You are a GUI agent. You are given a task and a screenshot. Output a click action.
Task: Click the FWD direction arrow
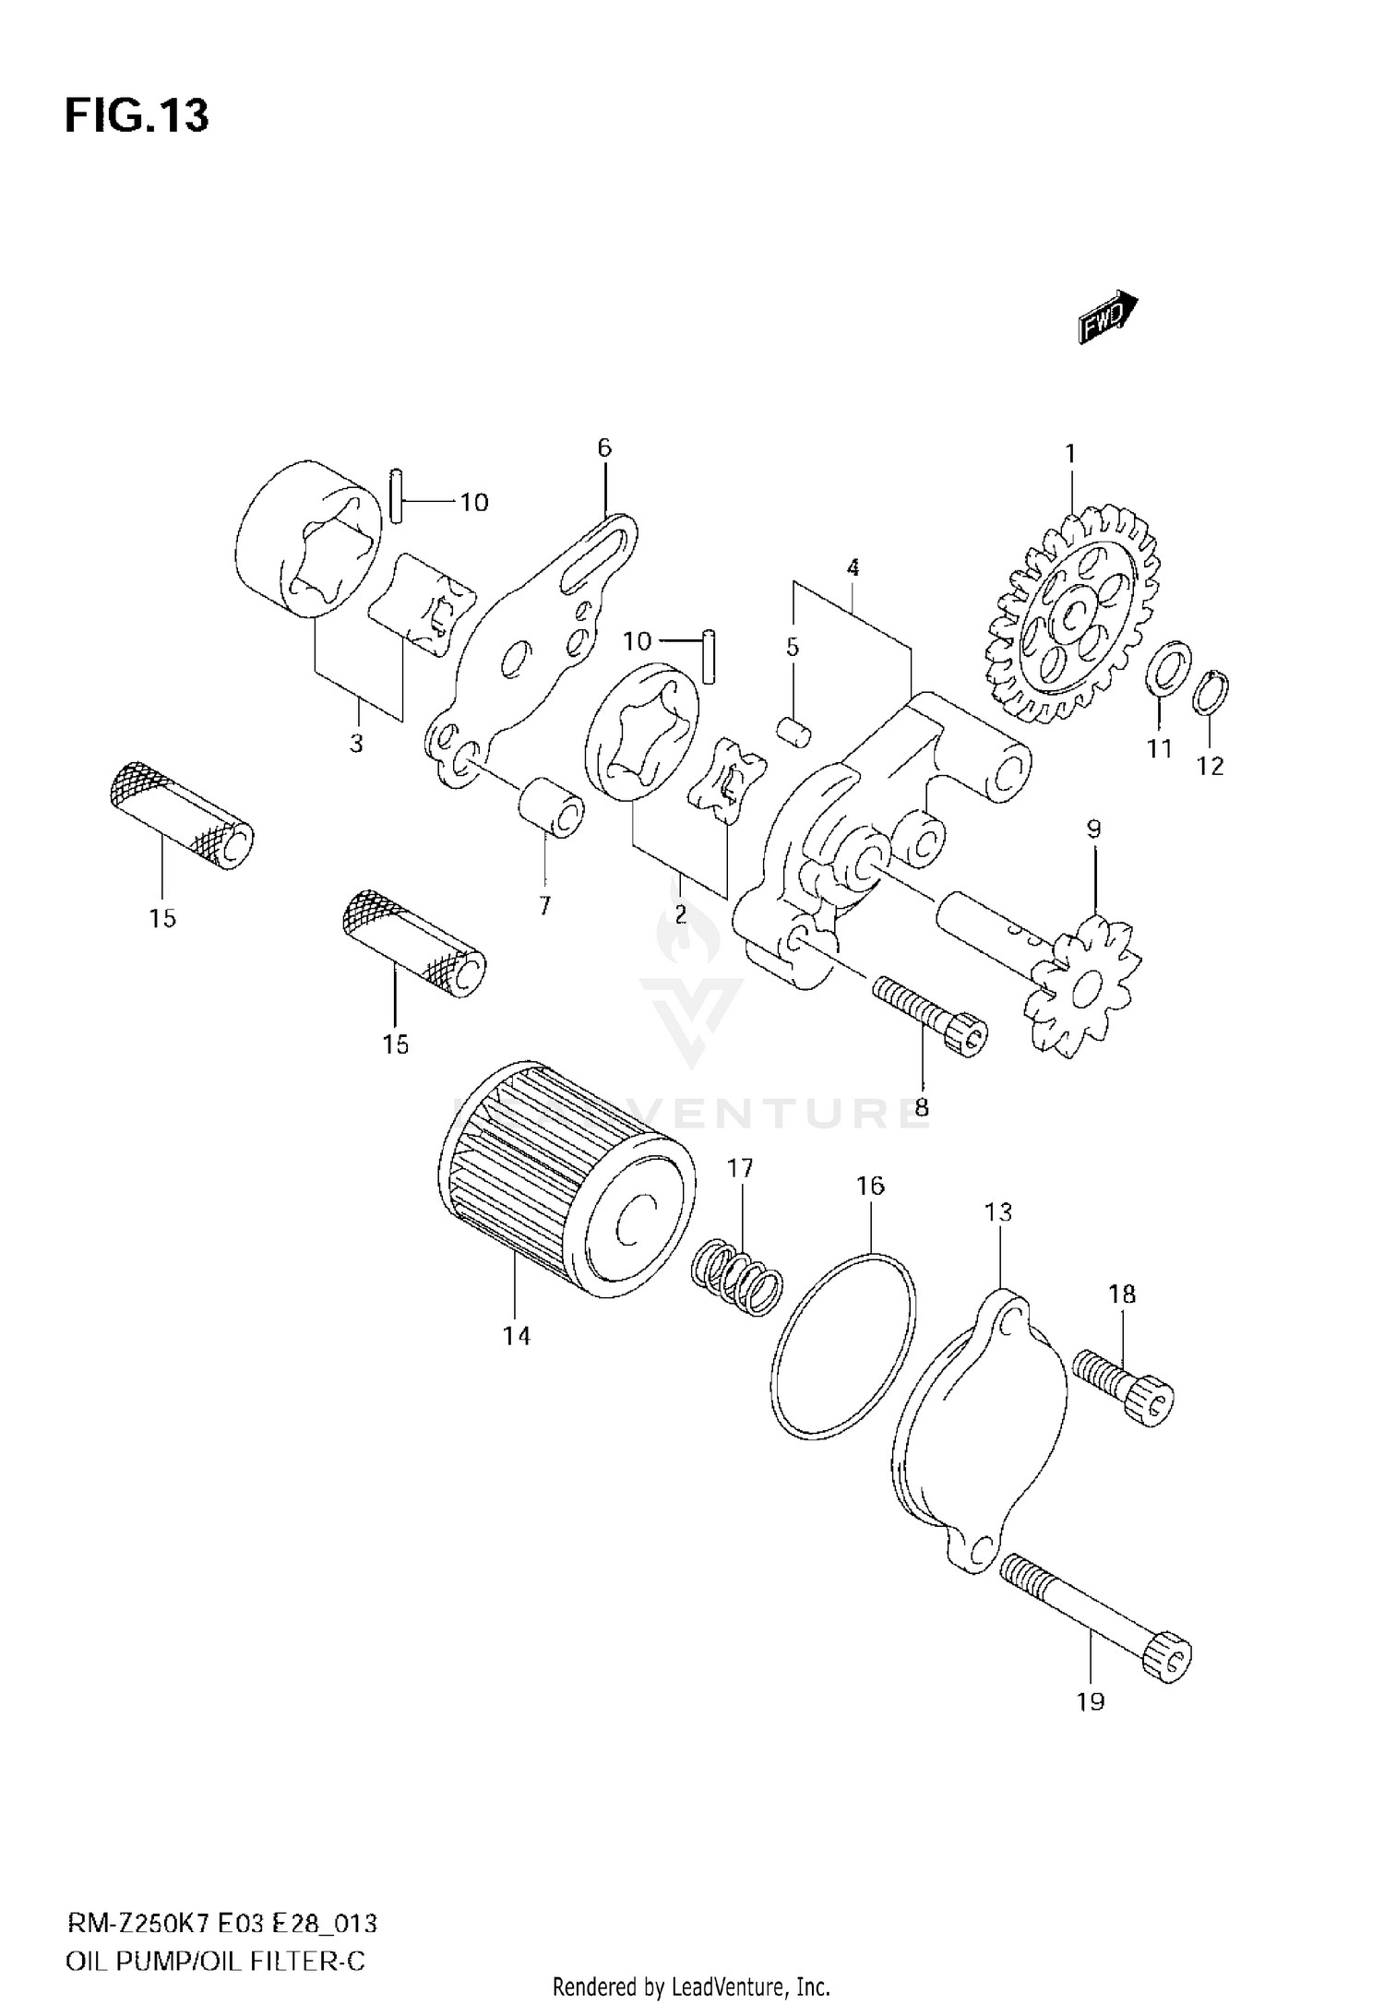1107,316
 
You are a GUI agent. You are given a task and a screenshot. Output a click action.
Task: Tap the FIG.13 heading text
137,116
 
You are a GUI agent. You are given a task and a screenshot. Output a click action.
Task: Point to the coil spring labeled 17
736,1277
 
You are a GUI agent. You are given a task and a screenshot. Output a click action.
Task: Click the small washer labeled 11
1167,676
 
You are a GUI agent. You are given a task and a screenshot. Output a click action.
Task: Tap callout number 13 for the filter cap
997,1211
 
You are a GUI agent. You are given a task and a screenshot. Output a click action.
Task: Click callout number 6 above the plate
603,448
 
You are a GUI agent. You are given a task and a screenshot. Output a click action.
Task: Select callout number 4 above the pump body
853,568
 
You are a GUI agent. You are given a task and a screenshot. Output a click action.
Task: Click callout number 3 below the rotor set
356,744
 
